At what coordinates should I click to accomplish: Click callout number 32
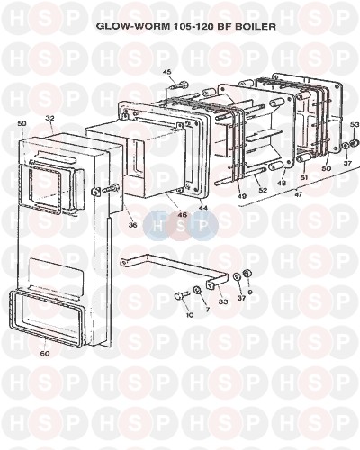pos(49,119)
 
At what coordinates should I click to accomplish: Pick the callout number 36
pos(132,224)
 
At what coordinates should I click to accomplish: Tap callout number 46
pos(183,215)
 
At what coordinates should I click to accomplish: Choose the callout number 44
pos(203,207)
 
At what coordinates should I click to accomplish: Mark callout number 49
pos(242,196)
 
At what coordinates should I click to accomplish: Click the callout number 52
pos(263,190)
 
